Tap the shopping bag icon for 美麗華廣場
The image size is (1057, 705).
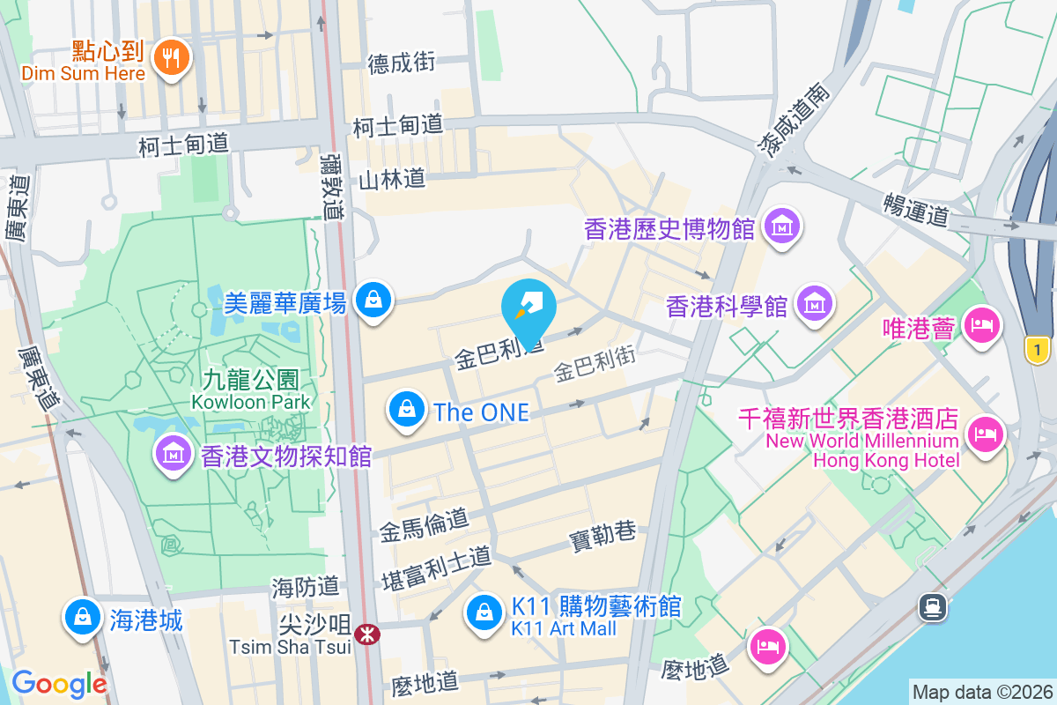pos(373,301)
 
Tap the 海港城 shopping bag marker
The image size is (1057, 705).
pos(82,617)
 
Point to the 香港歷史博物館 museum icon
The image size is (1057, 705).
pos(781,226)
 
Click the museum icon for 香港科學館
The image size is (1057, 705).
pos(813,304)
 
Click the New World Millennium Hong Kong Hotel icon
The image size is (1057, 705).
pos(986,434)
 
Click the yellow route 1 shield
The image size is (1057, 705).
pos(1039,350)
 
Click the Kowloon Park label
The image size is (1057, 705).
pos(252,402)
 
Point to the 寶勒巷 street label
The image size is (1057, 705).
pos(602,533)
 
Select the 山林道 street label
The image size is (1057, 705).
pos(392,180)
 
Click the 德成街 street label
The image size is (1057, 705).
pos(402,63)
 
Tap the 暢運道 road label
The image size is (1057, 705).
pos(916,210)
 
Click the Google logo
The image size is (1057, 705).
pos(59,684)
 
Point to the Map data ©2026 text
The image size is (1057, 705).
pos(982,692)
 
